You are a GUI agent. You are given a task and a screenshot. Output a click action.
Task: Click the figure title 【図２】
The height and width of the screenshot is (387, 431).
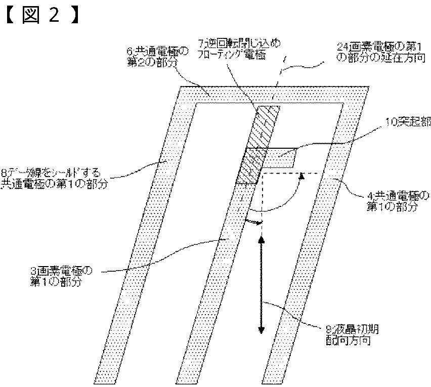40,16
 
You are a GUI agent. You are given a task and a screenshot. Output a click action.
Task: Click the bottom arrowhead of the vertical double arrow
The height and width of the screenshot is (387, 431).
262,329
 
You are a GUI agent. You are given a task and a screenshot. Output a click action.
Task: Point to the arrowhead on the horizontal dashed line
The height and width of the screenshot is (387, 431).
303,175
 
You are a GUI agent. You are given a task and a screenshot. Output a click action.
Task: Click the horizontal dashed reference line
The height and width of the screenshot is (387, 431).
288,173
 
